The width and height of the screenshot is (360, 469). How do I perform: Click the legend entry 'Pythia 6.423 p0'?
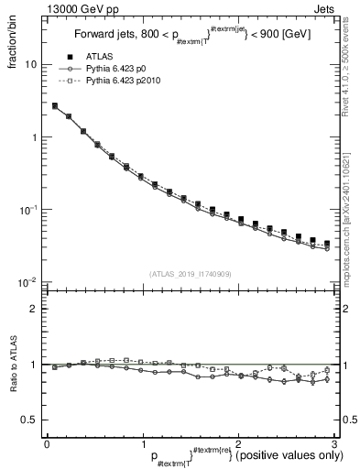(x=120, y=69)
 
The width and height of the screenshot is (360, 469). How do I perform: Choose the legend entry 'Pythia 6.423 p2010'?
(x=126, y=82)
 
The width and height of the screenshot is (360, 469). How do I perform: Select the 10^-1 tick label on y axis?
(x=29, y=210)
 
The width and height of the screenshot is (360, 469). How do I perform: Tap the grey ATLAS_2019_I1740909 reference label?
(x=190, y=274)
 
